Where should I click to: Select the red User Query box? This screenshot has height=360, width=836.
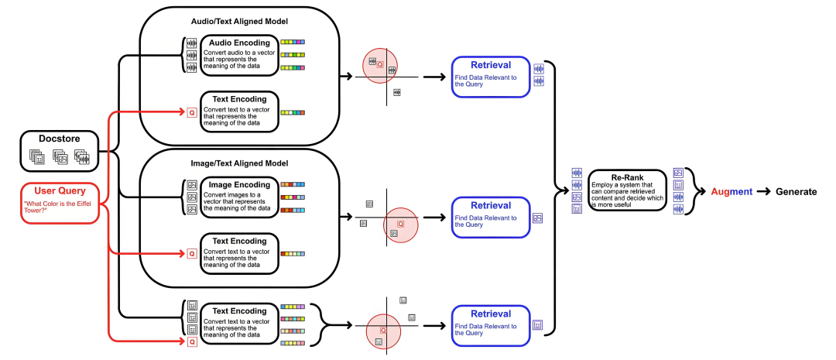[60, 202]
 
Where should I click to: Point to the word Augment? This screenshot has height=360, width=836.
[731, 191]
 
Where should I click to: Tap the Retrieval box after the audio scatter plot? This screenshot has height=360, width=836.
[491, 77]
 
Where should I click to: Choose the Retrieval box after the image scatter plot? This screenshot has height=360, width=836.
[491, 217]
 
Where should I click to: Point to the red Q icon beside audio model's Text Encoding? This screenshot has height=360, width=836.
[192, 112]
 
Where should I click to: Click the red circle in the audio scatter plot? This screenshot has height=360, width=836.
[381, 67]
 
